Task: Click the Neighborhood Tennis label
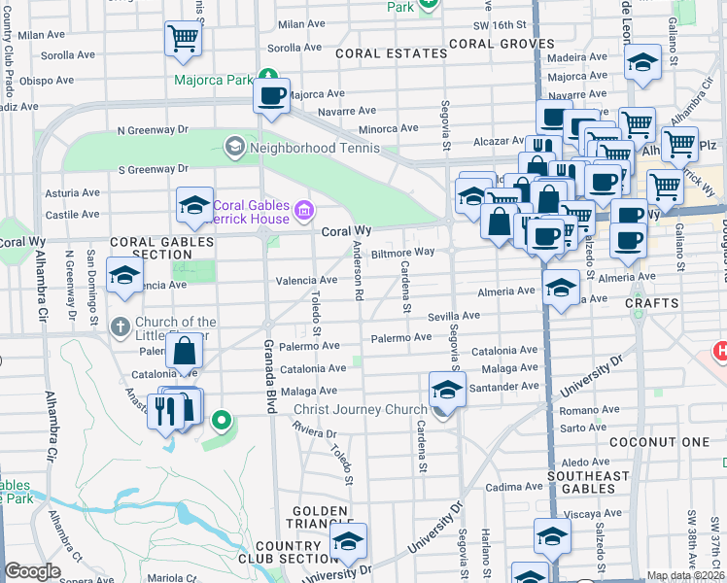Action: pyautogui.click(x=310, y=148)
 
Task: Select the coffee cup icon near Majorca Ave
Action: pyautogui.click(x=271, y=96)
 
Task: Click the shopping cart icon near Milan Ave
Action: pyautogui.click(x=183, y=38)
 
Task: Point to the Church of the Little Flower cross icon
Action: pyautogui.click(x=120, y=326)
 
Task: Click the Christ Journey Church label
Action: pyautogui.click(x=361, y=409)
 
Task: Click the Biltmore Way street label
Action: pyautogui.click(x=402, y=252)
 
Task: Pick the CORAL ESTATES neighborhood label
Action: pyautogui.click(x=378, y=54)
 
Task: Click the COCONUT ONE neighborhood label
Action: pyautogui.click(x=659, y=442)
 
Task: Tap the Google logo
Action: pyautogui.click(x=32, y=571)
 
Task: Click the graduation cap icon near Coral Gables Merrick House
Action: pyautogui.click(x=194, y=204)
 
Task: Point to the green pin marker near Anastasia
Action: pyautogui.click(x=222, y=421)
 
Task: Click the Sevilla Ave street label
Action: pyautogui.click(x=455, y=316)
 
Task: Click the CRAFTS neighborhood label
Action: pyautogui.click(x=652, y=303)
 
